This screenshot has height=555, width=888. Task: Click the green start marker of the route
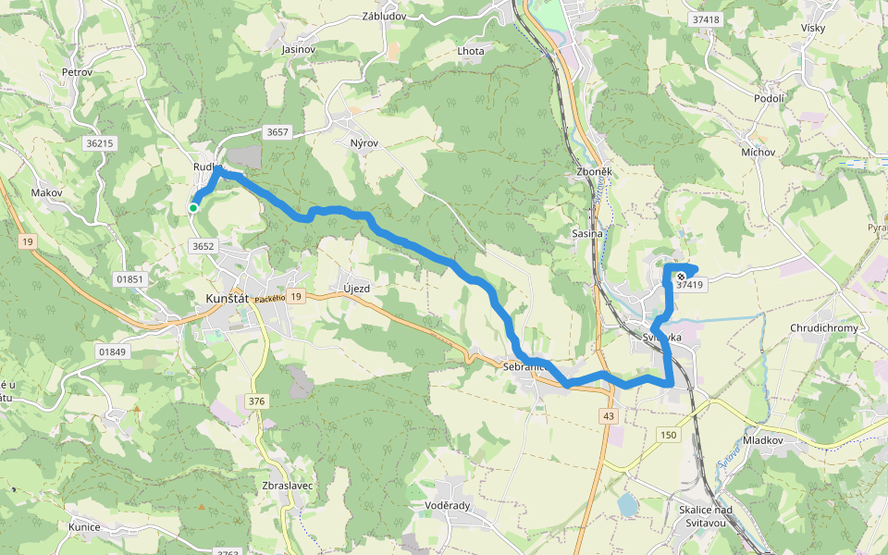(193, 208)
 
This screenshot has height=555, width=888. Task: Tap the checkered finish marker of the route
(681, 275)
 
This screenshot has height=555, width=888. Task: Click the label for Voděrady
(449, 506)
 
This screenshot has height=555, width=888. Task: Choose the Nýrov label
(365, 143)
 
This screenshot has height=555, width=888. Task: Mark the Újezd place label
(356, 289)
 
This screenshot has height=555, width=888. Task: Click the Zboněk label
(593, 172)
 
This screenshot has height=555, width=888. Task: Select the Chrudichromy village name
(824, 328)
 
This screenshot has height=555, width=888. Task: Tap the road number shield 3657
(277, 132)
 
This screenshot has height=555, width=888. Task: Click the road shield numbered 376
(256, 401)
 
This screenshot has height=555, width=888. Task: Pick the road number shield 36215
(98, 143)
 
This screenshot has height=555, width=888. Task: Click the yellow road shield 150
(669, 435)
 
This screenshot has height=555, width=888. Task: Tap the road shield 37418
(705, 19)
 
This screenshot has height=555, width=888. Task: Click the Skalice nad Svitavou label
(705, 518)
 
